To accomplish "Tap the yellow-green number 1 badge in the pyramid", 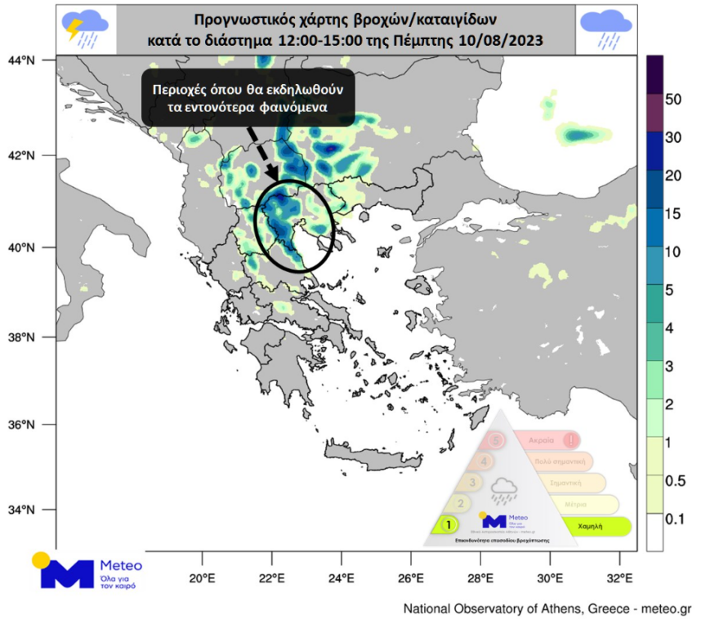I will coord(448,524).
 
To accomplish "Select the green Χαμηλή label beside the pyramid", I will coord(590,527).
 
